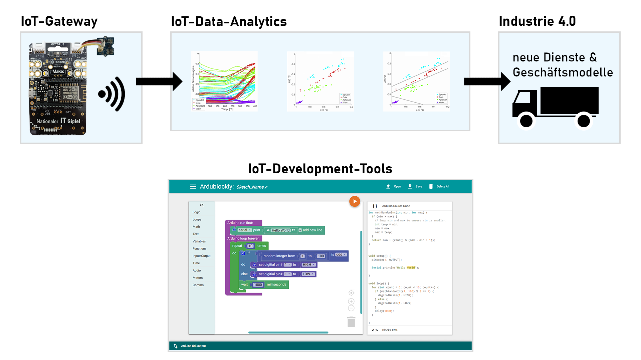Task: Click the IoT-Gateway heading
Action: click(59, 21)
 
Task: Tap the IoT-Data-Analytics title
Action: click(229, 22)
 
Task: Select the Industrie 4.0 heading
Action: click(537, 21)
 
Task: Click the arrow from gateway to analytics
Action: click(159, 81)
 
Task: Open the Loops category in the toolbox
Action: click(197, 220)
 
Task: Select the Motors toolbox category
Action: click(198, 278)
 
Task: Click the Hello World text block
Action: click(280, 230)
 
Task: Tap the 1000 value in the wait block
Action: click(258, 285)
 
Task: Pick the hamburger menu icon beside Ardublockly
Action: click(193, 187)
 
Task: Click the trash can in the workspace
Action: click(351, 322)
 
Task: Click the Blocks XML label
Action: click(390, 330)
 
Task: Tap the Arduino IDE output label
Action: click(193, 346)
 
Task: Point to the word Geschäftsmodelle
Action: click(563, 72)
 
